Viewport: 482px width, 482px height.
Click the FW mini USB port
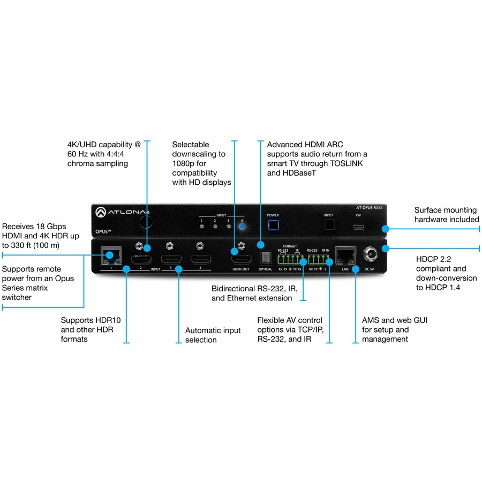[x=358, y=227]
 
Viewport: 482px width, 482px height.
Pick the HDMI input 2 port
[x=141, y=260]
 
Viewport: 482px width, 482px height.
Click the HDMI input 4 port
[x=201, y=260]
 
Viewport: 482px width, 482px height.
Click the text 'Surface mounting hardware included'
[x=447, y=215]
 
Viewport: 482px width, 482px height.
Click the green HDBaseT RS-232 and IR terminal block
[x=290, y=259]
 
